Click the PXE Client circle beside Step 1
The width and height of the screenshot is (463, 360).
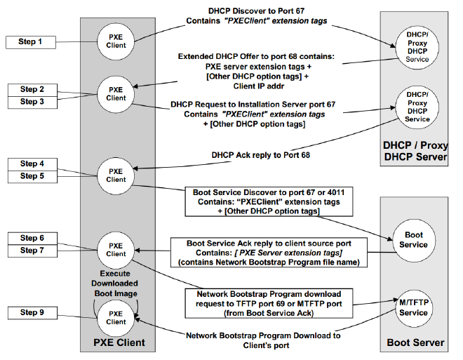[116, 41]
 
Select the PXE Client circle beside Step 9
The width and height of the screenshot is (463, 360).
[116, 317]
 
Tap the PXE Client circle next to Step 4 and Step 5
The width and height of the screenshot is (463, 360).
[116, 175]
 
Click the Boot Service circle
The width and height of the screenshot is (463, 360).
[413, 240]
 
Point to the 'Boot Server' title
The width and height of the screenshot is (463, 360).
[415, 343]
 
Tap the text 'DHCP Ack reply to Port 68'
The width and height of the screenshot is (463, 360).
[261, 155]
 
